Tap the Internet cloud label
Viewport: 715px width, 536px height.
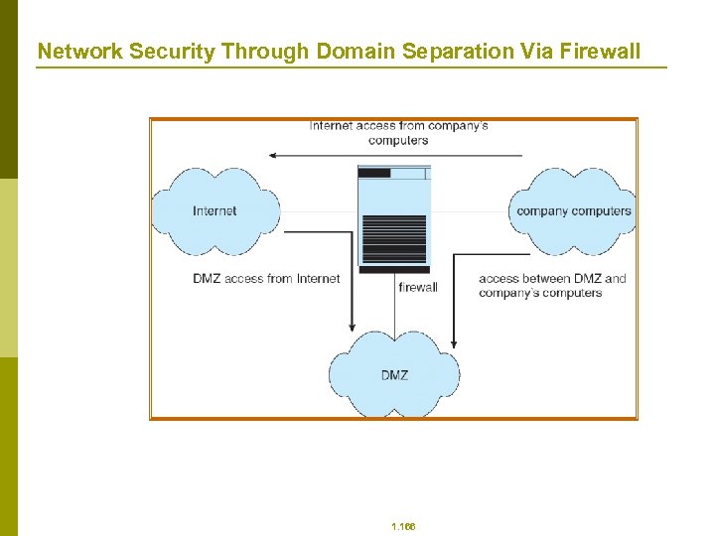[214, 210]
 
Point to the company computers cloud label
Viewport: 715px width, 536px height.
[574, 210]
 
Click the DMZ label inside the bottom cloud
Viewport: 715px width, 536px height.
[394, 375]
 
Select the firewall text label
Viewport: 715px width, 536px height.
[417, 287]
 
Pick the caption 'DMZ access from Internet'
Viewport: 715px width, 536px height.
[266, 279]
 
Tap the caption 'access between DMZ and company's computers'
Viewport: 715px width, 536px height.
[552, 286]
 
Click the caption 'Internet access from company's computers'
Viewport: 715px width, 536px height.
[398, 133]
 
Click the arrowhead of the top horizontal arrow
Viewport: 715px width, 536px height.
[273, 156]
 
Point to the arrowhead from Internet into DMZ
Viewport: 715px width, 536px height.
[352, 327]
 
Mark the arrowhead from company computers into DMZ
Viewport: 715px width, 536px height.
[453, 342]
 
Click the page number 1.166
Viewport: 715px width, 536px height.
[403, 526]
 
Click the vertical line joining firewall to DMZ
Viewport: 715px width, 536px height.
[394, 308]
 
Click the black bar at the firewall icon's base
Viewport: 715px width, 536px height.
[394, 269]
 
